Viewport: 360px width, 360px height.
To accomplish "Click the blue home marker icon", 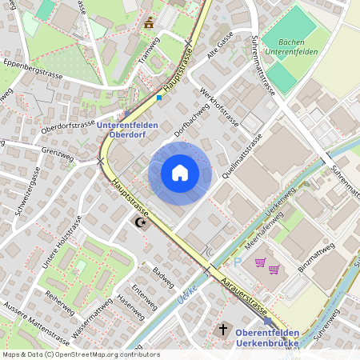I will click(x=180, y=173).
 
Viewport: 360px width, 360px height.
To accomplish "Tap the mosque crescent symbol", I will click(x=142, y=222).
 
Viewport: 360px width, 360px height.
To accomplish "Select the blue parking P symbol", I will click(x=238, y=262).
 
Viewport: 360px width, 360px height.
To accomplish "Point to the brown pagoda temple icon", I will click(x=147, y=24).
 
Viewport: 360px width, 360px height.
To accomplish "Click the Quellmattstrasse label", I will click(x=244, y=155).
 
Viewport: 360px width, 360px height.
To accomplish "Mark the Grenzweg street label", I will click(x=57, y=150).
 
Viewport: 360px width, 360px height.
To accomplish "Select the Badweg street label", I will click(x=162, y=277).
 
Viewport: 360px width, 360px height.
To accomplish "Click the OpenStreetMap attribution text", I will click(x=80, y=354).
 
